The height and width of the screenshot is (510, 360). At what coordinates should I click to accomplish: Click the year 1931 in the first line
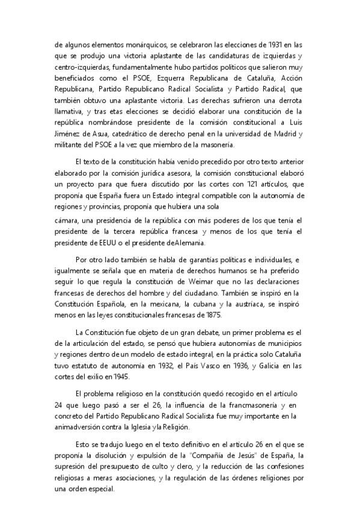click(275, 45)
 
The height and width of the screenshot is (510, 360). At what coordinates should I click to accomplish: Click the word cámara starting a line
click(66, 221)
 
